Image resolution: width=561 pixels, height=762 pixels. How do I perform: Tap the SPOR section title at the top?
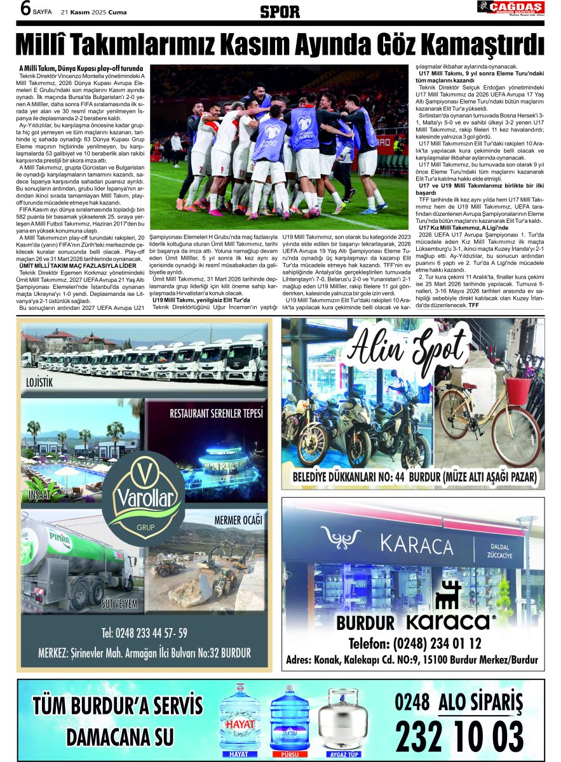coord(280,11)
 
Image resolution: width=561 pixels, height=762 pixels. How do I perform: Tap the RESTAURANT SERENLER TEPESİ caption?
coord(215,414)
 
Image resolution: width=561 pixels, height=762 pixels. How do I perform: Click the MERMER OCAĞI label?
coord(238,521)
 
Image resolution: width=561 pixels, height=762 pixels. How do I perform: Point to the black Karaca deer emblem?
coord(448,595)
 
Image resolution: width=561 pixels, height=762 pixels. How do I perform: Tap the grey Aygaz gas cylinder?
coord(342,721)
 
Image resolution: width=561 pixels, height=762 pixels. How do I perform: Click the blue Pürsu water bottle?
coord(290,719)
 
